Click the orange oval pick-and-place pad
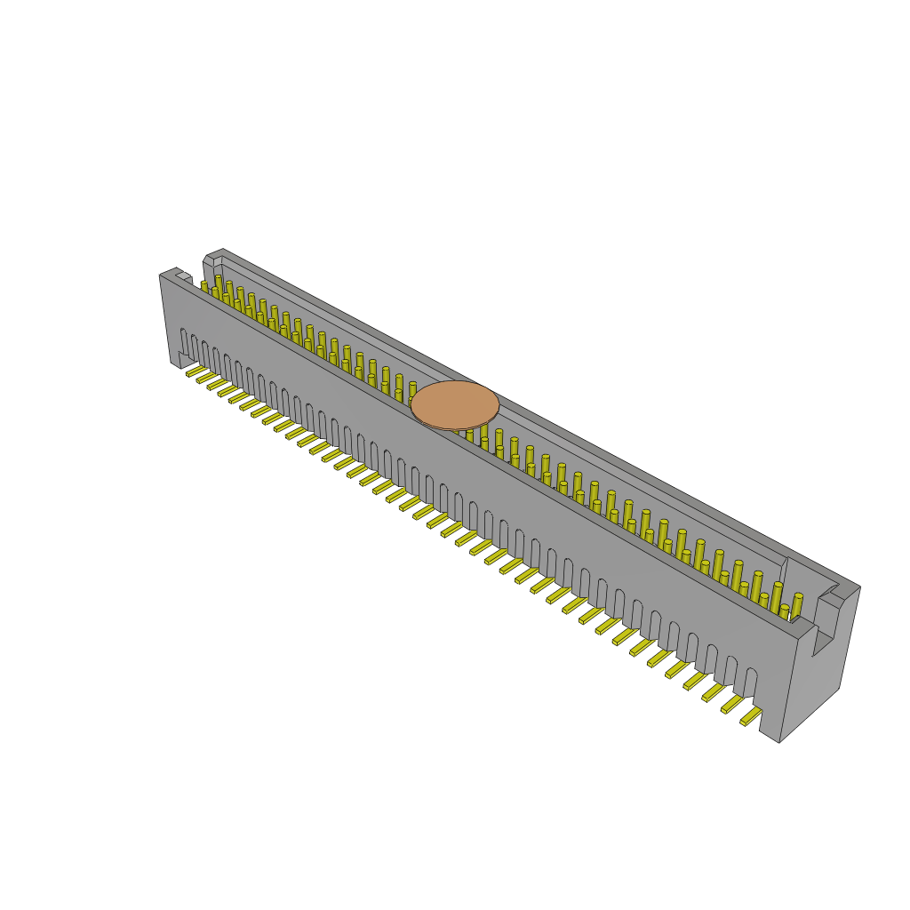(x=455, y=404)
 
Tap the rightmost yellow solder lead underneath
(x=751, y=716)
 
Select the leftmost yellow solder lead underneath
(x=196, y=371)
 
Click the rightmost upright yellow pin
(x=797, y=607)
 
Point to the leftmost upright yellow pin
(x=204, y=287)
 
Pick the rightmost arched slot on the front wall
(x=751, y=682)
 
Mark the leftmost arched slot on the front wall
(x=184, y=341)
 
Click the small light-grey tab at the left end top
(x=183, y=276)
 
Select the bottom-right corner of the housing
(x=779, y=742)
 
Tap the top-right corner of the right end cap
(x=859, y=587)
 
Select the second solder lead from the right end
(x=731, y=705)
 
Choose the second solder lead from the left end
(x=206, y=378)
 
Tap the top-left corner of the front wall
(x=161, y=275)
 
